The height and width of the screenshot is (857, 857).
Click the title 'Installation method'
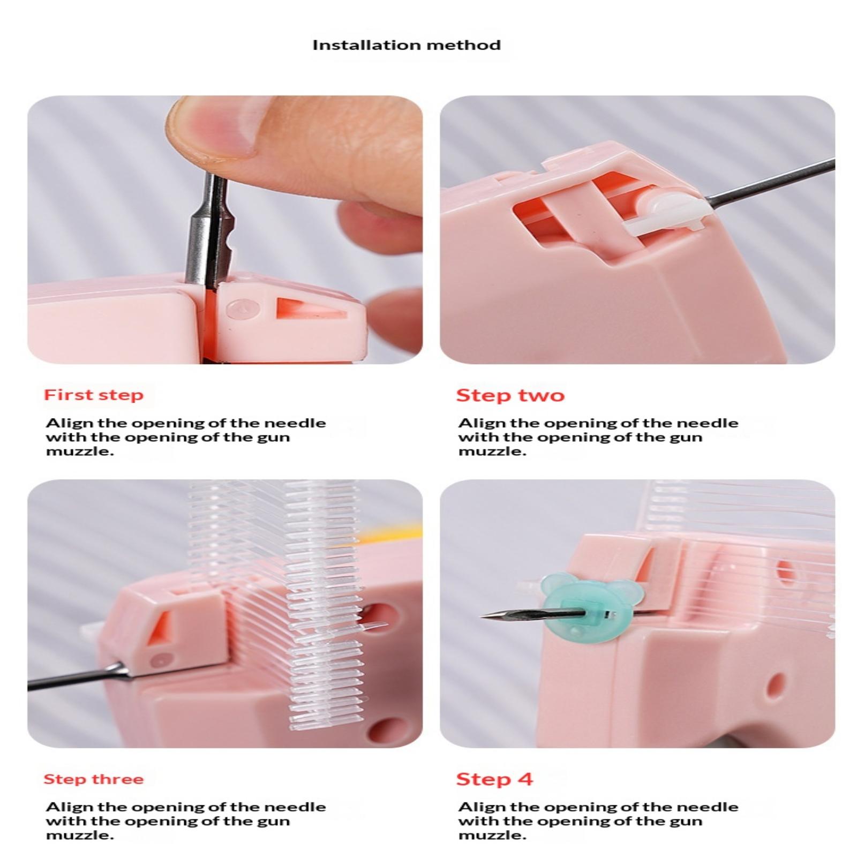(407, 45)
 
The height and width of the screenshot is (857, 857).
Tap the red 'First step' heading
(94, 395)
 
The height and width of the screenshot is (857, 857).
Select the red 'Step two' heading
(510, 395)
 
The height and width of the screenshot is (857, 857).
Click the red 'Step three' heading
(94, 779)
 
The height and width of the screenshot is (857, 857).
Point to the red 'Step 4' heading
(494, 779)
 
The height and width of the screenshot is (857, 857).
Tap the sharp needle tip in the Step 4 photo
(482, 618)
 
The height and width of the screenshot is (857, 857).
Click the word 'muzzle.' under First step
(80, 451)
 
